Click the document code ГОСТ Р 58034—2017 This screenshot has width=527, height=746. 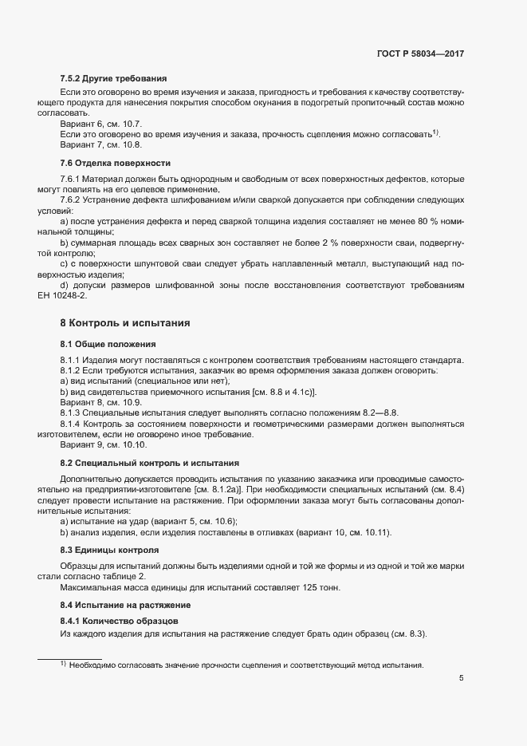pyautogui.click(x=420, y=54)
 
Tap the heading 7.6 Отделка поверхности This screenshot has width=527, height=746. pyautogui.click(x=111, y=163)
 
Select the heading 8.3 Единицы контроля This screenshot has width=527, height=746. pyautogui.click(x=109, y=551)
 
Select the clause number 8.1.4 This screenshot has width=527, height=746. pyautogui.click(x=72, y=424)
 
